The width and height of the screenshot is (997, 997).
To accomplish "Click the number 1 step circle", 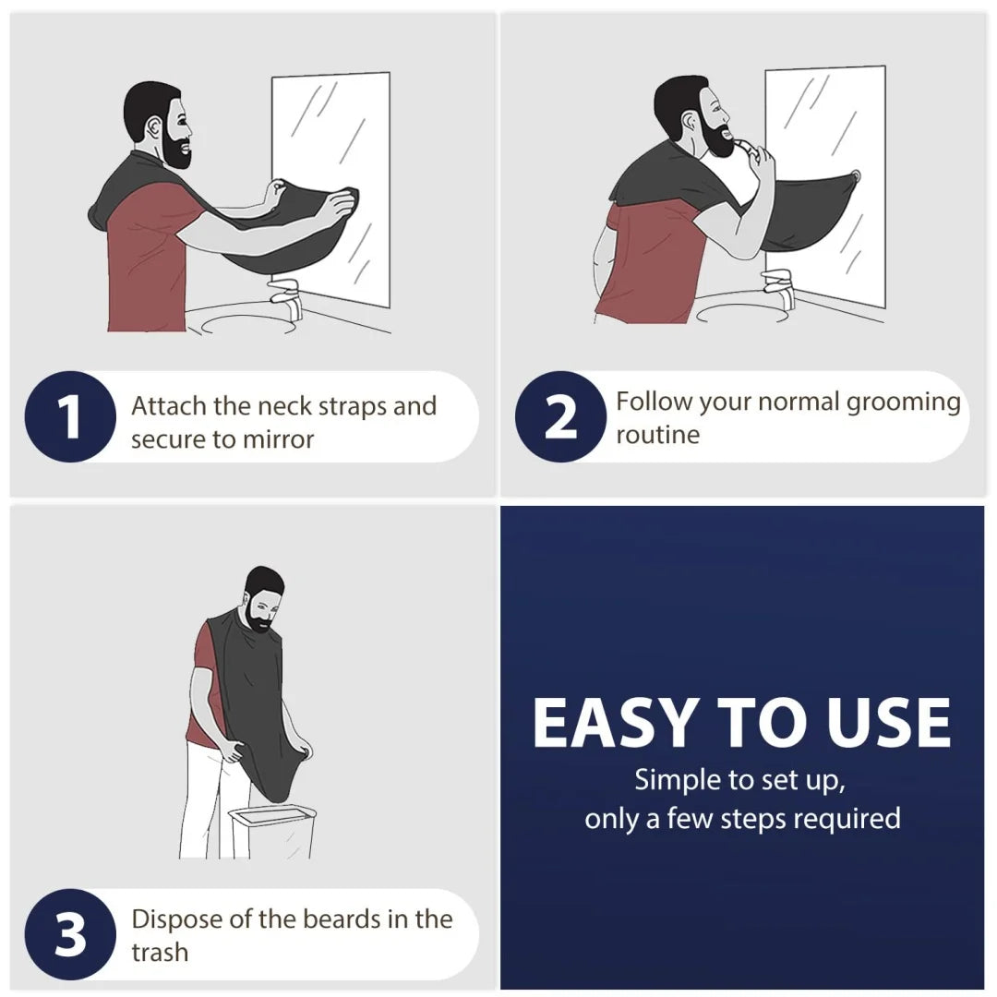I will point(70,417).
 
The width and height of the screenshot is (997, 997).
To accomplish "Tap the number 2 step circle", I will point(560,417).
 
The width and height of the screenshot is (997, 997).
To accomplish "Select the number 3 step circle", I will point(70,934).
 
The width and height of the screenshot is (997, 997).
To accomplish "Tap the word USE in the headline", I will point(888,723).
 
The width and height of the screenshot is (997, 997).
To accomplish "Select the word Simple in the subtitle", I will point(677,780).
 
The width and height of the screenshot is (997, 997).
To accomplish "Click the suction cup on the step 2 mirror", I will point(857,174).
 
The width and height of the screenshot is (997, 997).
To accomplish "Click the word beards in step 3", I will point(354,919).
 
